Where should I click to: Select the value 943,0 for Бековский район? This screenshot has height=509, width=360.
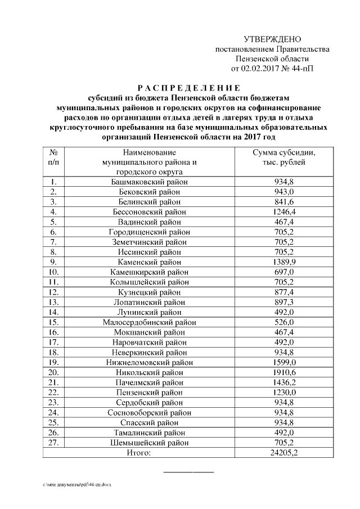click(283, 192)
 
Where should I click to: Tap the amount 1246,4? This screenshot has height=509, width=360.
click(283, 211)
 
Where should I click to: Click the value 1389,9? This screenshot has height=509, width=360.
click(283, 262)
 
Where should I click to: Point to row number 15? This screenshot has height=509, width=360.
click(54, 322)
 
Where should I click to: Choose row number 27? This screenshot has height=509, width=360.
click(54, 442)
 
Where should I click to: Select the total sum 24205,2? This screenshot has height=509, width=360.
click(283, 453)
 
